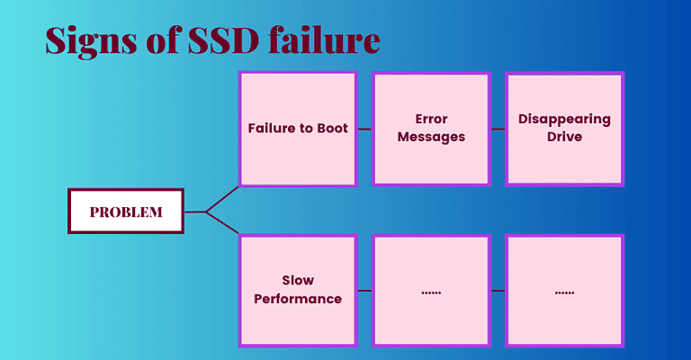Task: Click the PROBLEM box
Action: click(x=126, y=211)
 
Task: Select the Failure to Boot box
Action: click(x=297, y=129)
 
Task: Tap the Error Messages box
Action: click(x=431, y=129)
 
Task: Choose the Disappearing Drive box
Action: click(x=564, y=129)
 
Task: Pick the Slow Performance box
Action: click(x=297, y=290)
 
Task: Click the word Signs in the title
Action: click(x=91, y=41)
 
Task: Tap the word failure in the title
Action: click(x=331, y=41)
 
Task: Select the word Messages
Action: click(x=431, y=138)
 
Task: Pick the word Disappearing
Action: click(x=564, y=119)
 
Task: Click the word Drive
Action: click(x=564, y=138)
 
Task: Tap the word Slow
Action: click(x=297, y=280)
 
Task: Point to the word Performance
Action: click(x=297, y=299)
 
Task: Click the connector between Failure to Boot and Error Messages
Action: click(x=364, y=129)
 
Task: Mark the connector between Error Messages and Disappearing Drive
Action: click(x=498, y=129)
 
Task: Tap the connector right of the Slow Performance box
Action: click(x=364, y=290)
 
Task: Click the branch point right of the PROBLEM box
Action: click(x=206, y=212)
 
